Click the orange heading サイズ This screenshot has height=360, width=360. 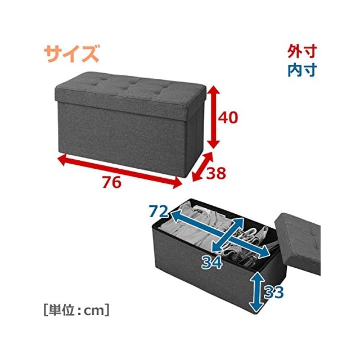(71, 55)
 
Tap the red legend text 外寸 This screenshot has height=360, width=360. (302, 52)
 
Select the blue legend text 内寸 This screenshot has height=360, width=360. (302, 70)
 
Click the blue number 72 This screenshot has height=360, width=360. (159, 212)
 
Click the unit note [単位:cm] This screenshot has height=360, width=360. (75, 310)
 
